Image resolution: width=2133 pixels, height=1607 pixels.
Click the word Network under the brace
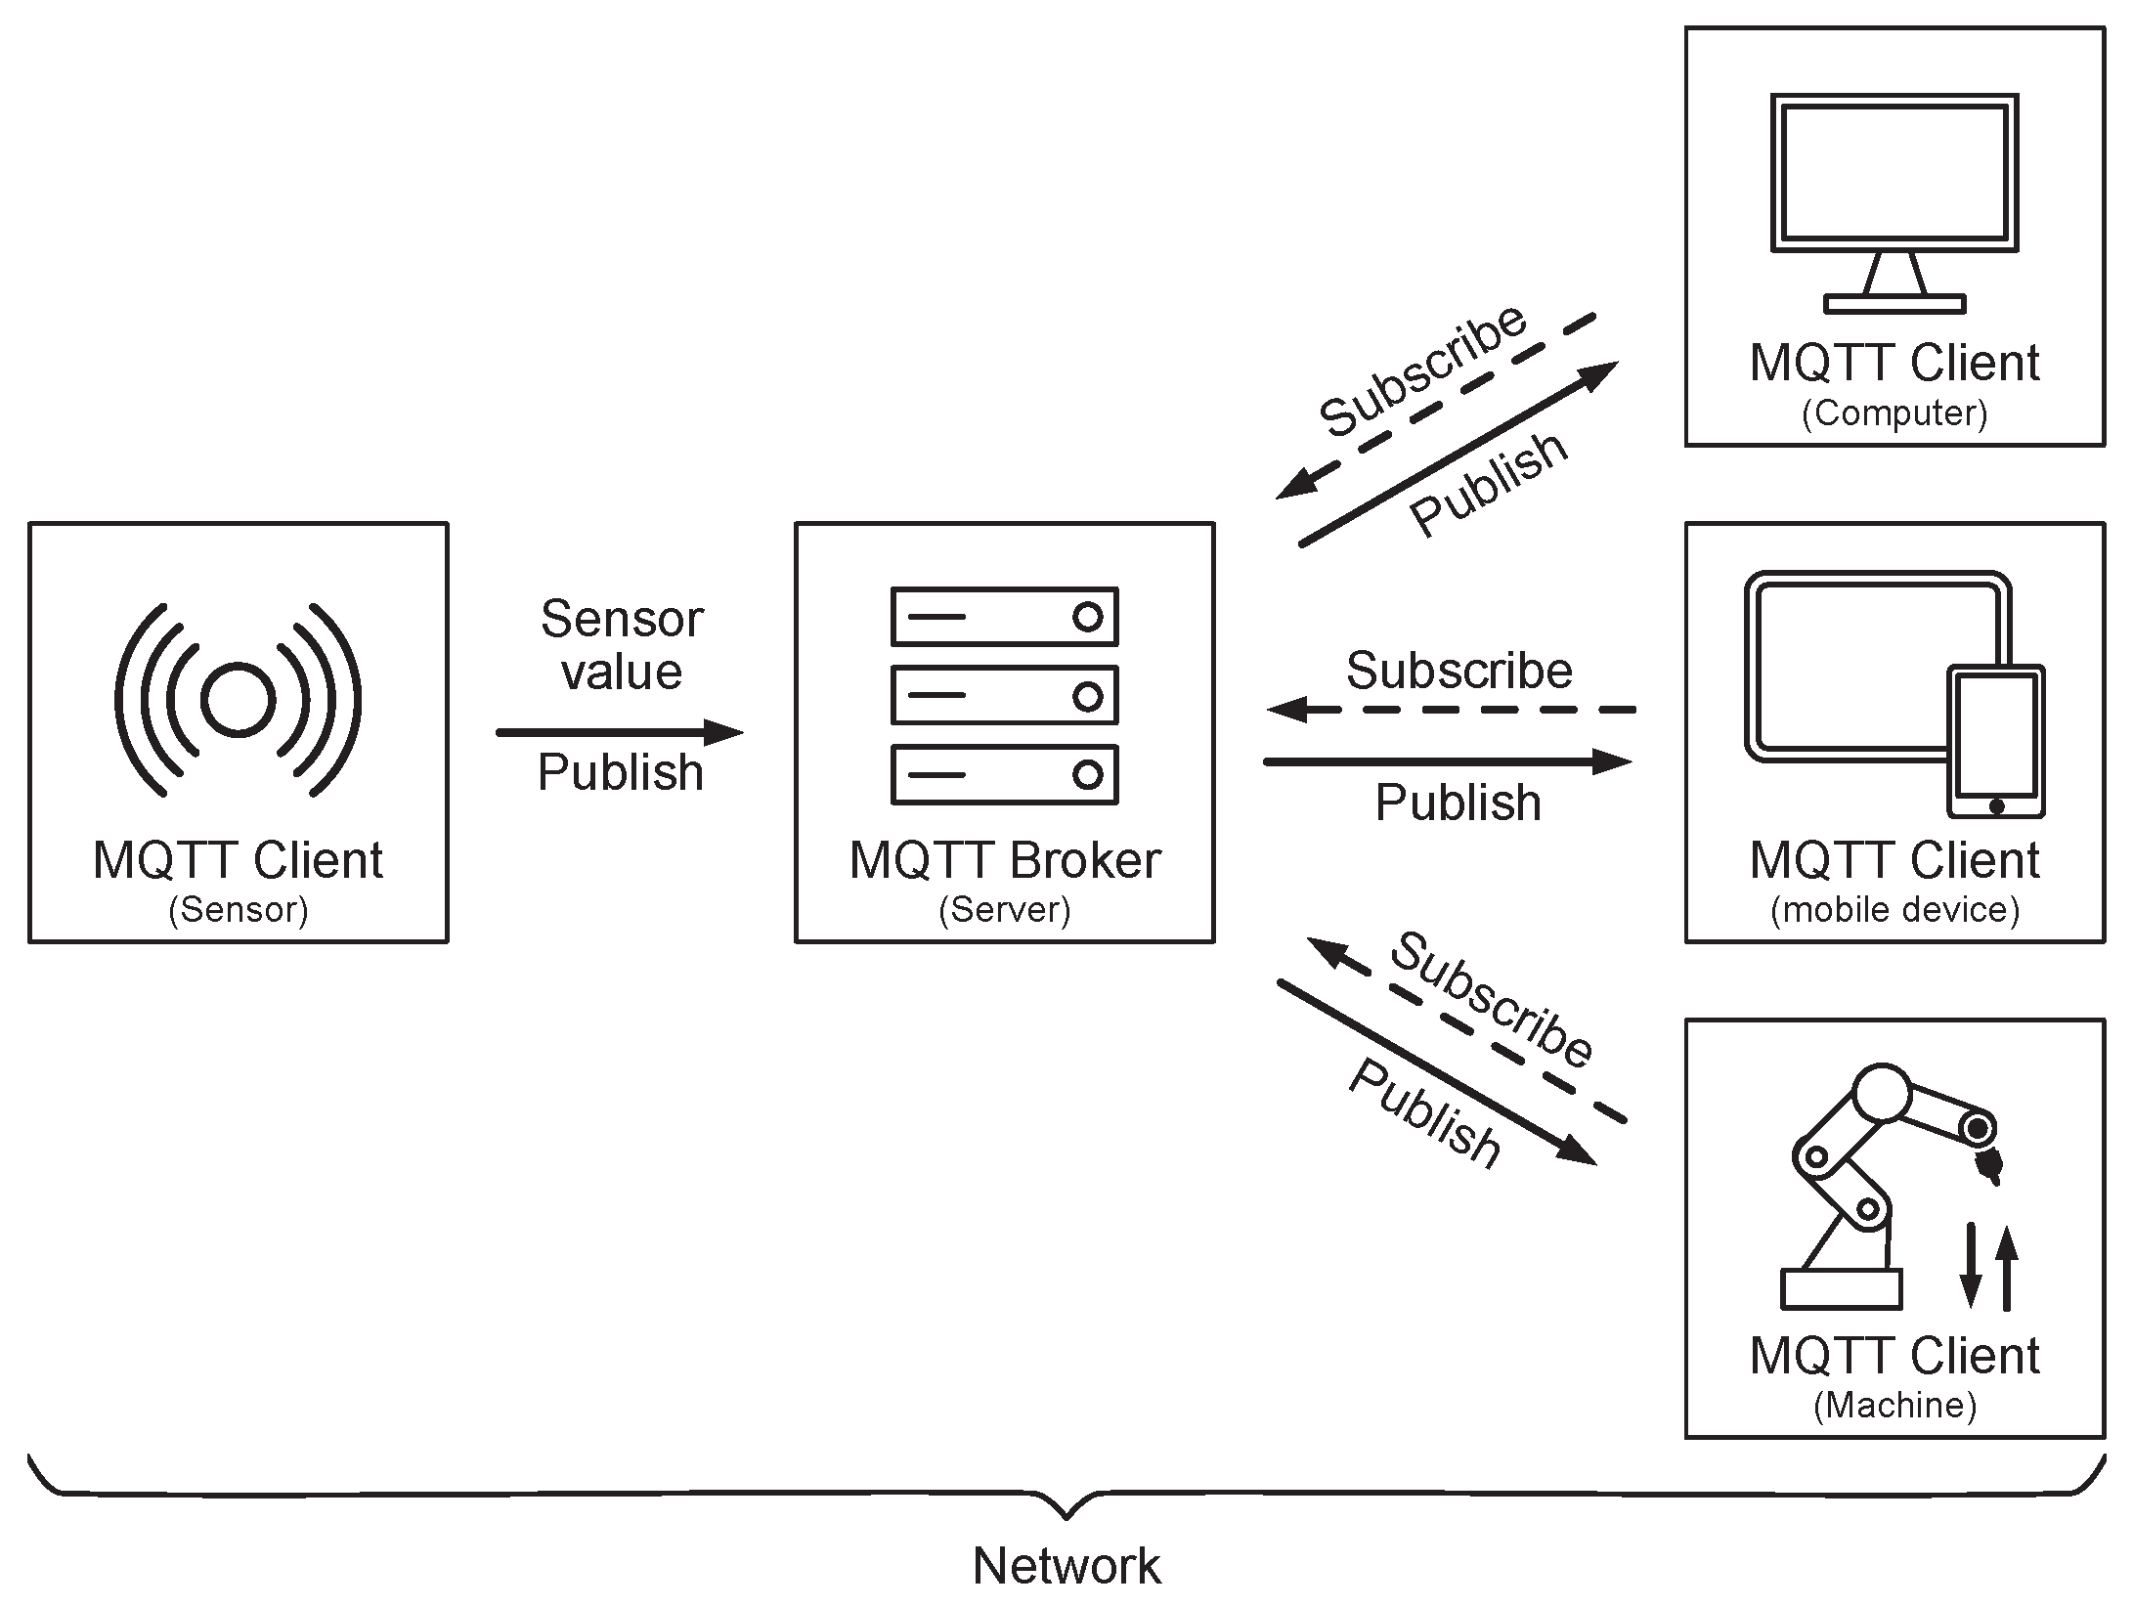(x=1066, y=1566)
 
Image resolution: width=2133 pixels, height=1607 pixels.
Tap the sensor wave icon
(x=238, y=700)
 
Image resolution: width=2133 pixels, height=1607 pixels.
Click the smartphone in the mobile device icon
(x=1995, y=742)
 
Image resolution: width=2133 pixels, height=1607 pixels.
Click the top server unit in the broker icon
(x=1004, y=617)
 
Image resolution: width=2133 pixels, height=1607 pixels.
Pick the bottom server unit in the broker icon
(x=1004, y=775)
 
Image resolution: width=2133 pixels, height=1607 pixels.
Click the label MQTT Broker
(x=1004, y=860)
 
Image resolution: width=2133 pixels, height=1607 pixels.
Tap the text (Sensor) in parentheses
(x=238, y=910)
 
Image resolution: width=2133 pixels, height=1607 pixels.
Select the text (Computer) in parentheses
(x=1894, y=413)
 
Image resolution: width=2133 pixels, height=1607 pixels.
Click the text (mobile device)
(x=1894, y=910)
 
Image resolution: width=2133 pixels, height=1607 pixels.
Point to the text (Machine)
(x=1894, y=1406)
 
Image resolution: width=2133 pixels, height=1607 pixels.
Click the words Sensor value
(x=622, y=645)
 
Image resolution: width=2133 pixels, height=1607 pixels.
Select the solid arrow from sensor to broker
(x=619, y=732)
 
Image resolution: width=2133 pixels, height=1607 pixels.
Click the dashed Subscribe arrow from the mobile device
(x=1452, y=710)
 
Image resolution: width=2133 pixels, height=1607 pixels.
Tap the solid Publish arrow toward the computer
(x=1457, y=455)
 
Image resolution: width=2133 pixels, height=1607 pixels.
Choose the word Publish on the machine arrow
(x=1423, y=1115)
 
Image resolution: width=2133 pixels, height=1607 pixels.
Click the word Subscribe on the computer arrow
(x=1422, y=371)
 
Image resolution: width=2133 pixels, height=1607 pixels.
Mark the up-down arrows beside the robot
(x=1988, y=1267)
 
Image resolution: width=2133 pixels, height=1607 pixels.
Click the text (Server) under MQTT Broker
(x=1004, y=910)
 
